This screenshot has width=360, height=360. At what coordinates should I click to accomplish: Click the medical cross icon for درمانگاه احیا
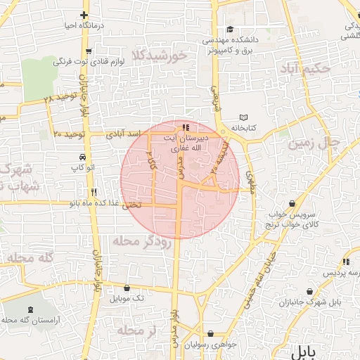click(84, 15)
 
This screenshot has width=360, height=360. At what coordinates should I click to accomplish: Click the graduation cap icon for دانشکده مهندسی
click(231, 30)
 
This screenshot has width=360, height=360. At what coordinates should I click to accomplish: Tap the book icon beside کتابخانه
click(244, 117)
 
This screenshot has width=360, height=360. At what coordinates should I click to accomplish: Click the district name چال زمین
click(314, 143)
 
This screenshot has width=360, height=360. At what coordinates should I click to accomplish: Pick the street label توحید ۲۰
click(69, 134)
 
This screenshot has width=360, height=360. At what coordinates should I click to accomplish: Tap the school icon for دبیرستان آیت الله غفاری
click(186, 128)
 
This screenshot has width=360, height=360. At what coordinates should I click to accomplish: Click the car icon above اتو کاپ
click(84, 157)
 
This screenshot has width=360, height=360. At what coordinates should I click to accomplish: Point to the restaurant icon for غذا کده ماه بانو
click(93, 192)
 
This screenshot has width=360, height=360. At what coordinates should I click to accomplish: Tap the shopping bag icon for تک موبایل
click(127, 288)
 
